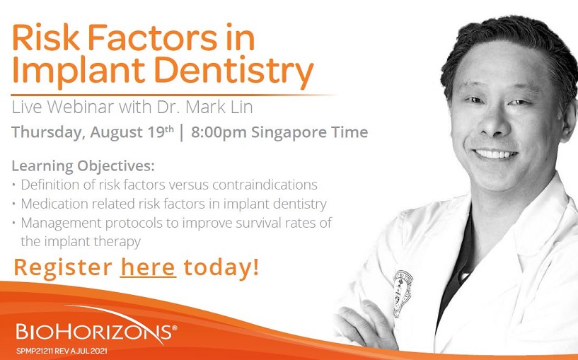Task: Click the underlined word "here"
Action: (148, 267)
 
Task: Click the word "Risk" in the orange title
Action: (46, 37)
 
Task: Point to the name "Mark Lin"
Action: (219, 108)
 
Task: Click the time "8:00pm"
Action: (219, 133)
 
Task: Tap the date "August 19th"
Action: (132, 132)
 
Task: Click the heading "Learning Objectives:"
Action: (83, 166)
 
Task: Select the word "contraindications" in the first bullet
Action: (265, 184)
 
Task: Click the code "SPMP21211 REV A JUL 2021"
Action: (62, 351)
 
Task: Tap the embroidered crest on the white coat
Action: (403, 294)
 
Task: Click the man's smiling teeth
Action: (495, 153)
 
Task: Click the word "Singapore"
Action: (284, 133)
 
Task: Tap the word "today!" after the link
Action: (221, 267)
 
